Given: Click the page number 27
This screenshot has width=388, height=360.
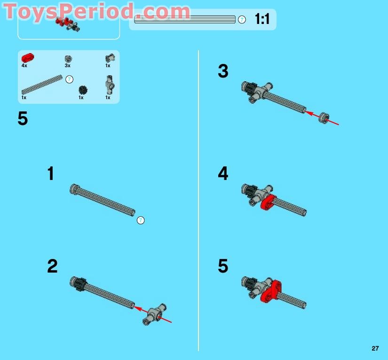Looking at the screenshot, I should click(375, 348).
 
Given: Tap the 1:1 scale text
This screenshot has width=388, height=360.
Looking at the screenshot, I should click(262, 19).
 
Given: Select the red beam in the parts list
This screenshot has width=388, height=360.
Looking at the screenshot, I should click(27, 58).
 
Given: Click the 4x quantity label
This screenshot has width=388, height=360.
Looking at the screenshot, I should click(24, 66).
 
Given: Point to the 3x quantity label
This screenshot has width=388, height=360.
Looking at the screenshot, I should click(68, 66).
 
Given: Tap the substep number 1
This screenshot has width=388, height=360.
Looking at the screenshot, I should click(51, 174).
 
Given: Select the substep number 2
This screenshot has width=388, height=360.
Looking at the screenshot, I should click(52, 266).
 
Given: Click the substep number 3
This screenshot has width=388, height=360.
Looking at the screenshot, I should click(223, 71).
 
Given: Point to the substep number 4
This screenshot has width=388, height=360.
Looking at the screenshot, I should click(223, 174).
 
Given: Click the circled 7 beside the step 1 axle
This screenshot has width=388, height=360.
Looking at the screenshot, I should click(140, 220).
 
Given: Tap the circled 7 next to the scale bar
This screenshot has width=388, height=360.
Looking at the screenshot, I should click(242, 20).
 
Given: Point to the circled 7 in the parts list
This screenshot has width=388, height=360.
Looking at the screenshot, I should click(69, 79).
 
